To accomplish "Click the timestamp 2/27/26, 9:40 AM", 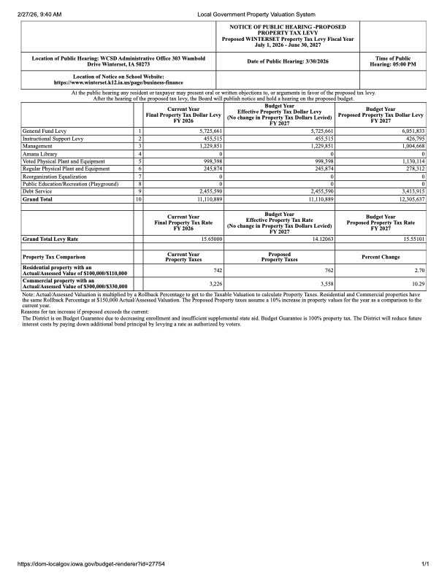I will click(x=34, y=14).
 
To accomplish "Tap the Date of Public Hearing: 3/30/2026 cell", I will click(x=288, y=61).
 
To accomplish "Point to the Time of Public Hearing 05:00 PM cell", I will click(x=393, y=61).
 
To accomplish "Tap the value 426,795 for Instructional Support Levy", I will click(x=413, y=139).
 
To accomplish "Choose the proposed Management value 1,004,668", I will click(x=410, y=146).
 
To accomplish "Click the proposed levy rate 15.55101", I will click(x=410, y=239).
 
